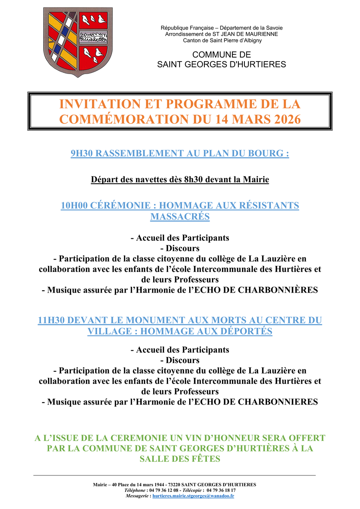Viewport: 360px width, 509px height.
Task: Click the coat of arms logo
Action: point(78,41)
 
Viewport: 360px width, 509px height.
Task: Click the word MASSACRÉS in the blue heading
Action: point(180,217)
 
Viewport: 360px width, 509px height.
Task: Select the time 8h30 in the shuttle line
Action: point(194,180)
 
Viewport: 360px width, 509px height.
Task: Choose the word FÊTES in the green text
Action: point(208,459)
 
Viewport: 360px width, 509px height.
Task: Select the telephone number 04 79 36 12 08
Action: point(164,490)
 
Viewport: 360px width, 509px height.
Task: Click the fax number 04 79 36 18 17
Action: point(221,490)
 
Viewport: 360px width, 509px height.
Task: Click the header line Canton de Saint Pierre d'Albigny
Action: point(222,40)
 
